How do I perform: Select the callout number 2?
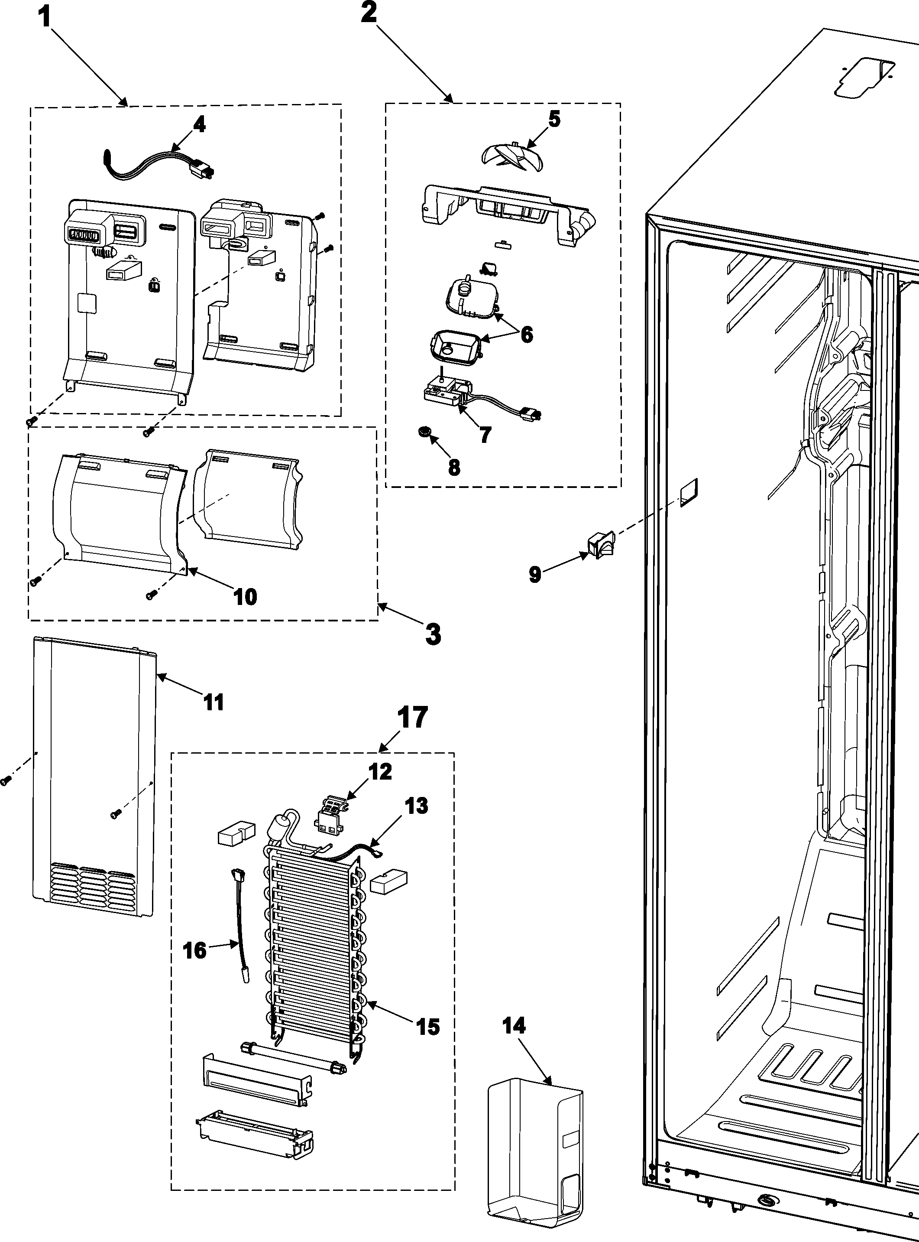(x=368, y=13)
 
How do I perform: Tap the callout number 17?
(x=412, y=718)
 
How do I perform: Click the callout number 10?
(x=245, y=597)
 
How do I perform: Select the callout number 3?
(x=433, y=634)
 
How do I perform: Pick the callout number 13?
(x=416, y=806)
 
